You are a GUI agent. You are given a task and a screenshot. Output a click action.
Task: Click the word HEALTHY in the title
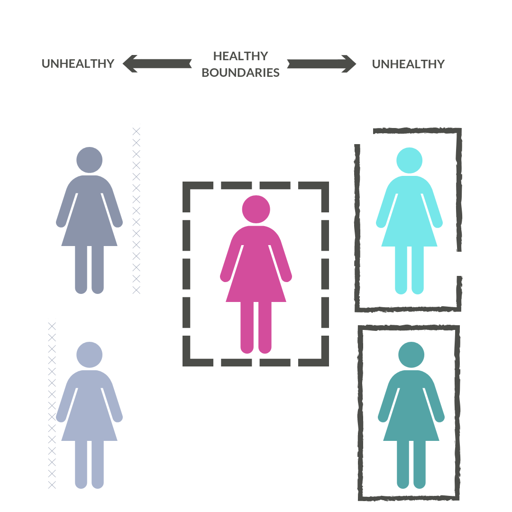(x=240, y=56)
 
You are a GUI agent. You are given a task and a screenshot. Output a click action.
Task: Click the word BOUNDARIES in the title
(x=240, y=73)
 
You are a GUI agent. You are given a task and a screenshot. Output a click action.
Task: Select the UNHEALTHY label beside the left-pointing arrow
(x=78, y=64)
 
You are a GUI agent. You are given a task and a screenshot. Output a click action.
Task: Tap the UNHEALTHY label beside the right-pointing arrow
(x=408, y=64)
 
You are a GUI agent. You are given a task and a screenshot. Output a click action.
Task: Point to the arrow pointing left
(x=157, y=64)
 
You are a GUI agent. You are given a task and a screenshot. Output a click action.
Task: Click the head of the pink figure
(x=256, y=209)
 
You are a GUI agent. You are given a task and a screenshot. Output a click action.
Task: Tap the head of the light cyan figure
(x=409, y=160)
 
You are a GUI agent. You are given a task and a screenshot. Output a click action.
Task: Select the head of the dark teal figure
(x=411, y=355)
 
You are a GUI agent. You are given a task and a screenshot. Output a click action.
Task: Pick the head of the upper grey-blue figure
(x=90, y=160)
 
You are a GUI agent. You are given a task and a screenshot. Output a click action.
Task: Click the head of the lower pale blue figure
(x=90, y=355)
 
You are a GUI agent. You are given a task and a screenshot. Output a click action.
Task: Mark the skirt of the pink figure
(x=256, y=280)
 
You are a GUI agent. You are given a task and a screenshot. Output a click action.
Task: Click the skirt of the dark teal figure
(x=411, y=422)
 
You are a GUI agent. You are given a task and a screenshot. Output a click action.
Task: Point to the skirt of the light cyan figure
(x=409, y=228)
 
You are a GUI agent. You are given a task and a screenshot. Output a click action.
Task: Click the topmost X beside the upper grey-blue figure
(x=137, y=131)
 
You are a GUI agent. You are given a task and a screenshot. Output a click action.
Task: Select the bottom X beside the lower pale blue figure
(x=52, y=485)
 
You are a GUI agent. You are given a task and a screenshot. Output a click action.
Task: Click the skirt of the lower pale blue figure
(x=90, y=422)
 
